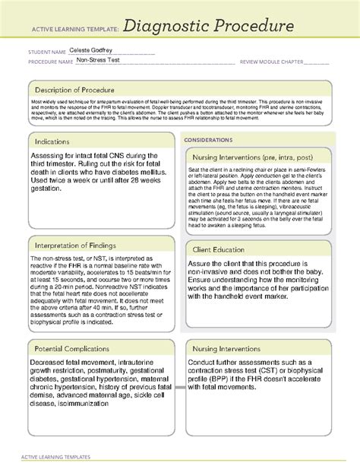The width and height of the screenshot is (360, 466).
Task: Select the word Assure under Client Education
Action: (x=201, y=264)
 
